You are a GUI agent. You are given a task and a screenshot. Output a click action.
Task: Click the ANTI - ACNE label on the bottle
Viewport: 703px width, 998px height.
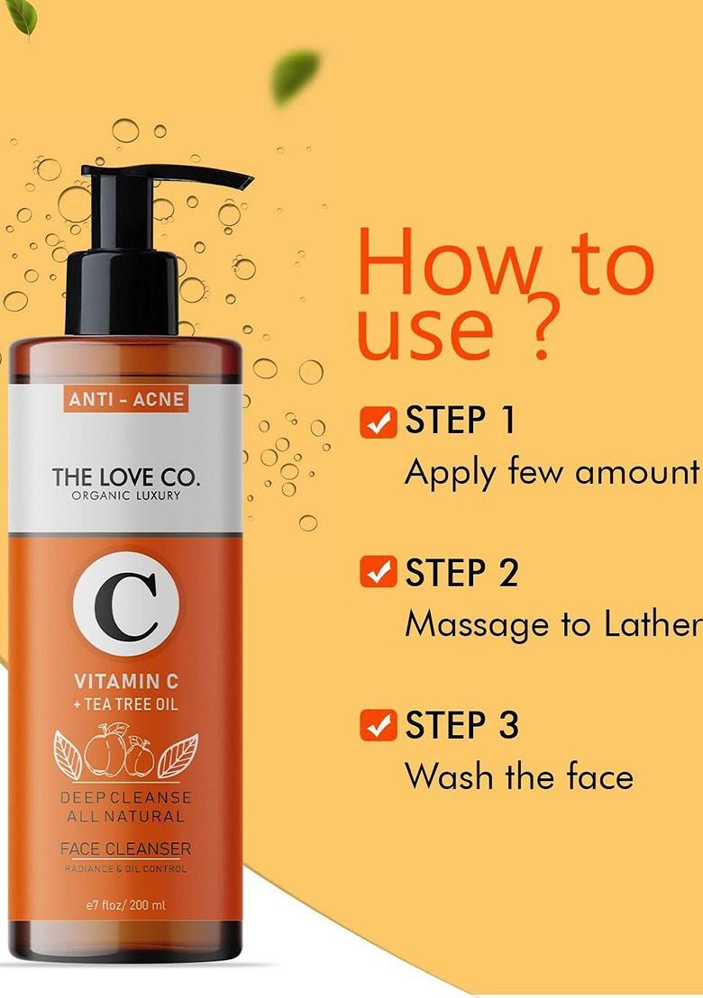click(125, 399)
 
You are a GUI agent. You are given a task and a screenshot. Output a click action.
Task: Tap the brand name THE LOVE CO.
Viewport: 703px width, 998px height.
click(125, 476)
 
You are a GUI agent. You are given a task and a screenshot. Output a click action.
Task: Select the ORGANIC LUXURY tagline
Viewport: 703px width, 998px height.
click(125, 495)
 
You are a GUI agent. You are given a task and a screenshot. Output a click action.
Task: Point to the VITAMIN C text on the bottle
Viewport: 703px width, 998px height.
click(125, 681)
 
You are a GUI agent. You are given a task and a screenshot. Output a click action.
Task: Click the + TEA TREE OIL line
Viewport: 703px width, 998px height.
click(125, 703)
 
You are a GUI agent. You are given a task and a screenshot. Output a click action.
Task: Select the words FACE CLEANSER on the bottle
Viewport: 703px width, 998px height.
click(125, 848)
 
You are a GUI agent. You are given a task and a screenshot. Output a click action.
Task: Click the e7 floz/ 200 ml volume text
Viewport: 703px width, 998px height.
click(125, 906)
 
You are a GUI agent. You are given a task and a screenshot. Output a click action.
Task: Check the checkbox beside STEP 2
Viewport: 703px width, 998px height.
click(378, 572)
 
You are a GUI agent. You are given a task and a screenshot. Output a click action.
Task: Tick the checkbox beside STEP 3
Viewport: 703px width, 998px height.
click(378, 724)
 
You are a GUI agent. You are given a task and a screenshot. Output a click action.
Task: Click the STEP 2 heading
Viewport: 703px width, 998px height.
click(461, 573)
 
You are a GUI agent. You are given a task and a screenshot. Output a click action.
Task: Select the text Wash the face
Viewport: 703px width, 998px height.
click(518, 776)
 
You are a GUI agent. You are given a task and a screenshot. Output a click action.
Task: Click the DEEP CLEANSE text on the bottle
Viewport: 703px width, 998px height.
click(125, 798)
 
